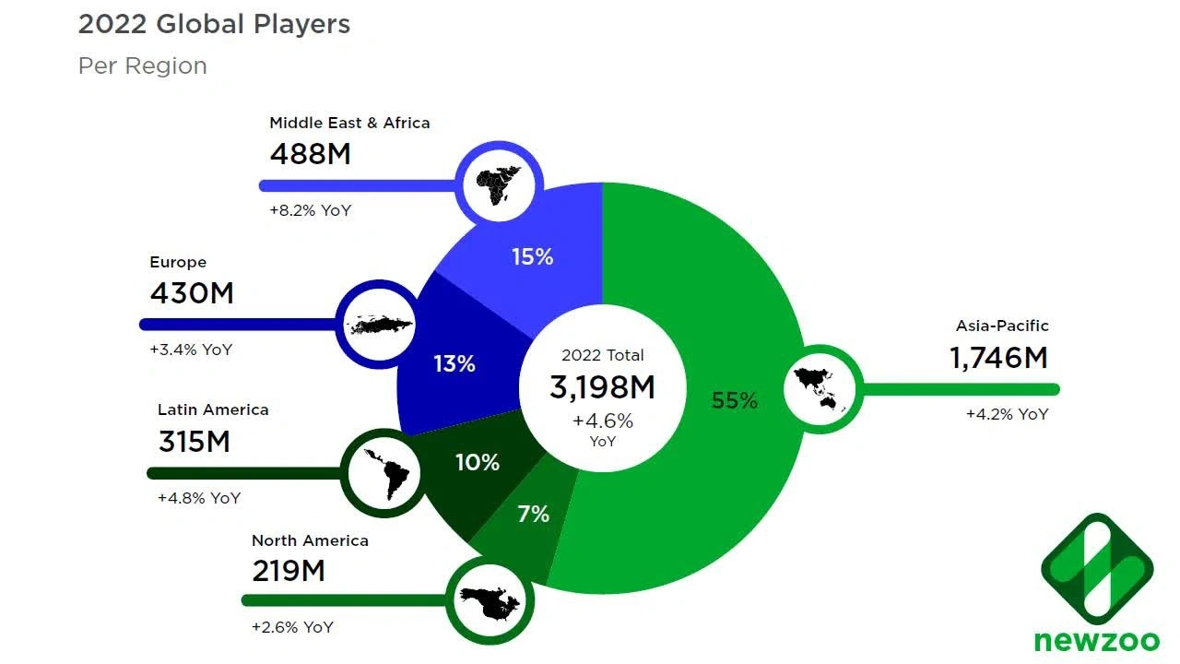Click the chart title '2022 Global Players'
tap(214, 24)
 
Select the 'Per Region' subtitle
tap(142, 66)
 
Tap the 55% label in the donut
tap(735, 400)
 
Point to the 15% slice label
tap(533, 257)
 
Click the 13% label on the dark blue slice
tap(454, 363)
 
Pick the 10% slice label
tap(478, 462)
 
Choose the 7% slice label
tap(533, 514)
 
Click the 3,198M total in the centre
tap(602, 387)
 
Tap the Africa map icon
tap(500, 184)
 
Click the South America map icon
tap(385, 473)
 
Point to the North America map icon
tap(490, 600)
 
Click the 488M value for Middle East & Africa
tap(310, 153)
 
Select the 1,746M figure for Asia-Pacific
tap(998, 358)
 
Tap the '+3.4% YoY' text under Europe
tap(191, 350)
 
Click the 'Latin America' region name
tap(213, 409)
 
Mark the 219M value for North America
tap(289, 571)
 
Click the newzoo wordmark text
tap(1096, 639)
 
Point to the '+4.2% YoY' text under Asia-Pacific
tap(1007, 414)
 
